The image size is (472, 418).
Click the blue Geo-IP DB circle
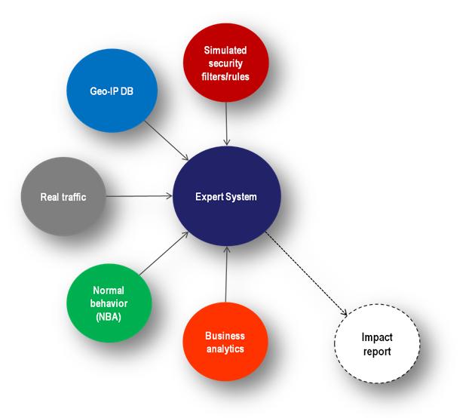click(112, 91)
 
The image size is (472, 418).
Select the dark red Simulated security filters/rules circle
click(225, 63)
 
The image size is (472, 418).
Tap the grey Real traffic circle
click(63, 196)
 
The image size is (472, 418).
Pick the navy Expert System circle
click(227, 196)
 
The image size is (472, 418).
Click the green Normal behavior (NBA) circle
click(109, 303)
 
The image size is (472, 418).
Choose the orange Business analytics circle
click(225, 342)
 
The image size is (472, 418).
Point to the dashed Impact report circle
click(377, 343)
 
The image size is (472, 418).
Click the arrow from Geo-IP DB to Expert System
click(167, 140)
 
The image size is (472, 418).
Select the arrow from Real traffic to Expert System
click(139, 196)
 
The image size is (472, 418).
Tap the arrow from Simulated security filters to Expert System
click(226, 124)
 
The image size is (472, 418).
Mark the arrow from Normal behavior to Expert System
click(164, 254)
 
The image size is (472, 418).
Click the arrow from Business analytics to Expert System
click(226, 275)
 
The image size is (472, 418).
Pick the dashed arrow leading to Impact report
click(306, 273)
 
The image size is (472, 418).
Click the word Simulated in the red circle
click(225, 50)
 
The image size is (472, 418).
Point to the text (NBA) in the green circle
click(109, 316)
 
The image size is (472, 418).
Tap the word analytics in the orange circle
click(225, 349)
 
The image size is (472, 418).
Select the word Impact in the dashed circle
click(377, 337)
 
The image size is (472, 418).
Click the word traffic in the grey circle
click(74, 197)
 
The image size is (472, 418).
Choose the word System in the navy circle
click(241, 197)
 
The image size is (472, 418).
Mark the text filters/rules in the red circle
click(225, 76)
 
